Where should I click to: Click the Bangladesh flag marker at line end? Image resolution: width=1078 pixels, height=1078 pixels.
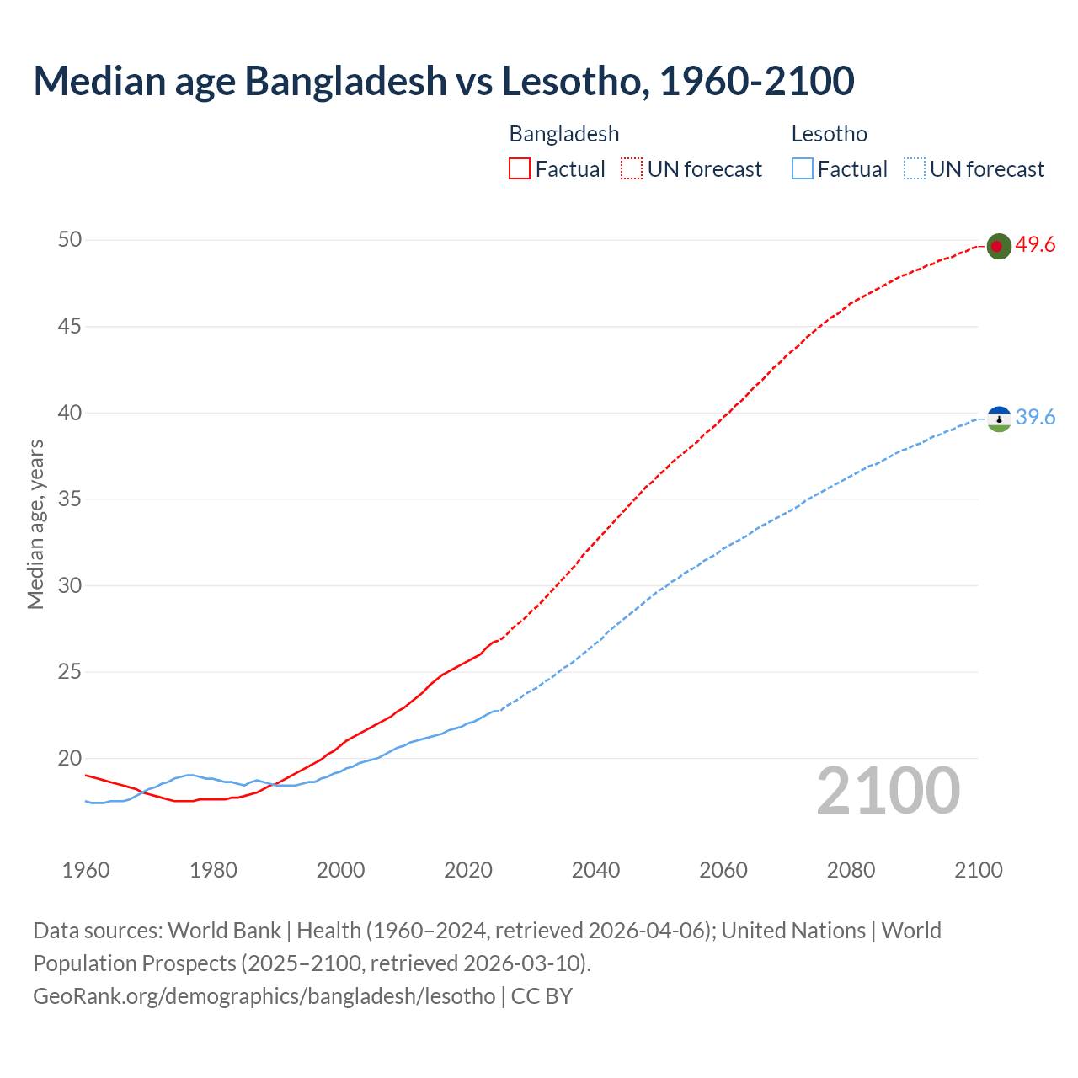(998, 246)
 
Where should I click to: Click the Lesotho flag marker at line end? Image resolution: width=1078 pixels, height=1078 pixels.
(999, 418)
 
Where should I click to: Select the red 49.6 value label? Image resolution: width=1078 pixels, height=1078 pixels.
(1035, 245)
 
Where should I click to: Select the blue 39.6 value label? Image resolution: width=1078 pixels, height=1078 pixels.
(1035, 418)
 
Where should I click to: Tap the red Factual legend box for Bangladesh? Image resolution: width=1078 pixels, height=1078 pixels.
(520, 169)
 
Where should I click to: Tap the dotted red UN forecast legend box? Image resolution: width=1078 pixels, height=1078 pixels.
(632, 169)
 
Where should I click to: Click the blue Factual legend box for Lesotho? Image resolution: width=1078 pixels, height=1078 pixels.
(802, 169)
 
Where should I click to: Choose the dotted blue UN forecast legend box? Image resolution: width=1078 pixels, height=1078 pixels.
(914, 169)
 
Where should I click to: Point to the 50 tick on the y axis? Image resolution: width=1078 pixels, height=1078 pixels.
(70, 240)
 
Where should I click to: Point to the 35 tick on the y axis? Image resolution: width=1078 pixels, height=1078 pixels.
(70, 499)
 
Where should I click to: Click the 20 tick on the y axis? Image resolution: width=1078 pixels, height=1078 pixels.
(70, 758)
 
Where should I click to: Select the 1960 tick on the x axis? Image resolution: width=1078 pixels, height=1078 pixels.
(86, 870)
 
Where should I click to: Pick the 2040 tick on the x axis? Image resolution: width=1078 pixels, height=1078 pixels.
(595, 870)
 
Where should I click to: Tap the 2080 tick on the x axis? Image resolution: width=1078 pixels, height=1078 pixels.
(851, 870)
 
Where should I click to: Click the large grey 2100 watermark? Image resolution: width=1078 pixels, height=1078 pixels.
(888, 791)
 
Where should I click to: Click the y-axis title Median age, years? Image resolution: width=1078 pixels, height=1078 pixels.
(35, 524)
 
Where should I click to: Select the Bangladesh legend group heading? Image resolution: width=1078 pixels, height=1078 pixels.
(563, 134)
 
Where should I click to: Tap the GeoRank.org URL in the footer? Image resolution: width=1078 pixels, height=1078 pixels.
(264, 995)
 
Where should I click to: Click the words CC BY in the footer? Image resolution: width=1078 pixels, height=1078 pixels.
(542, 995)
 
